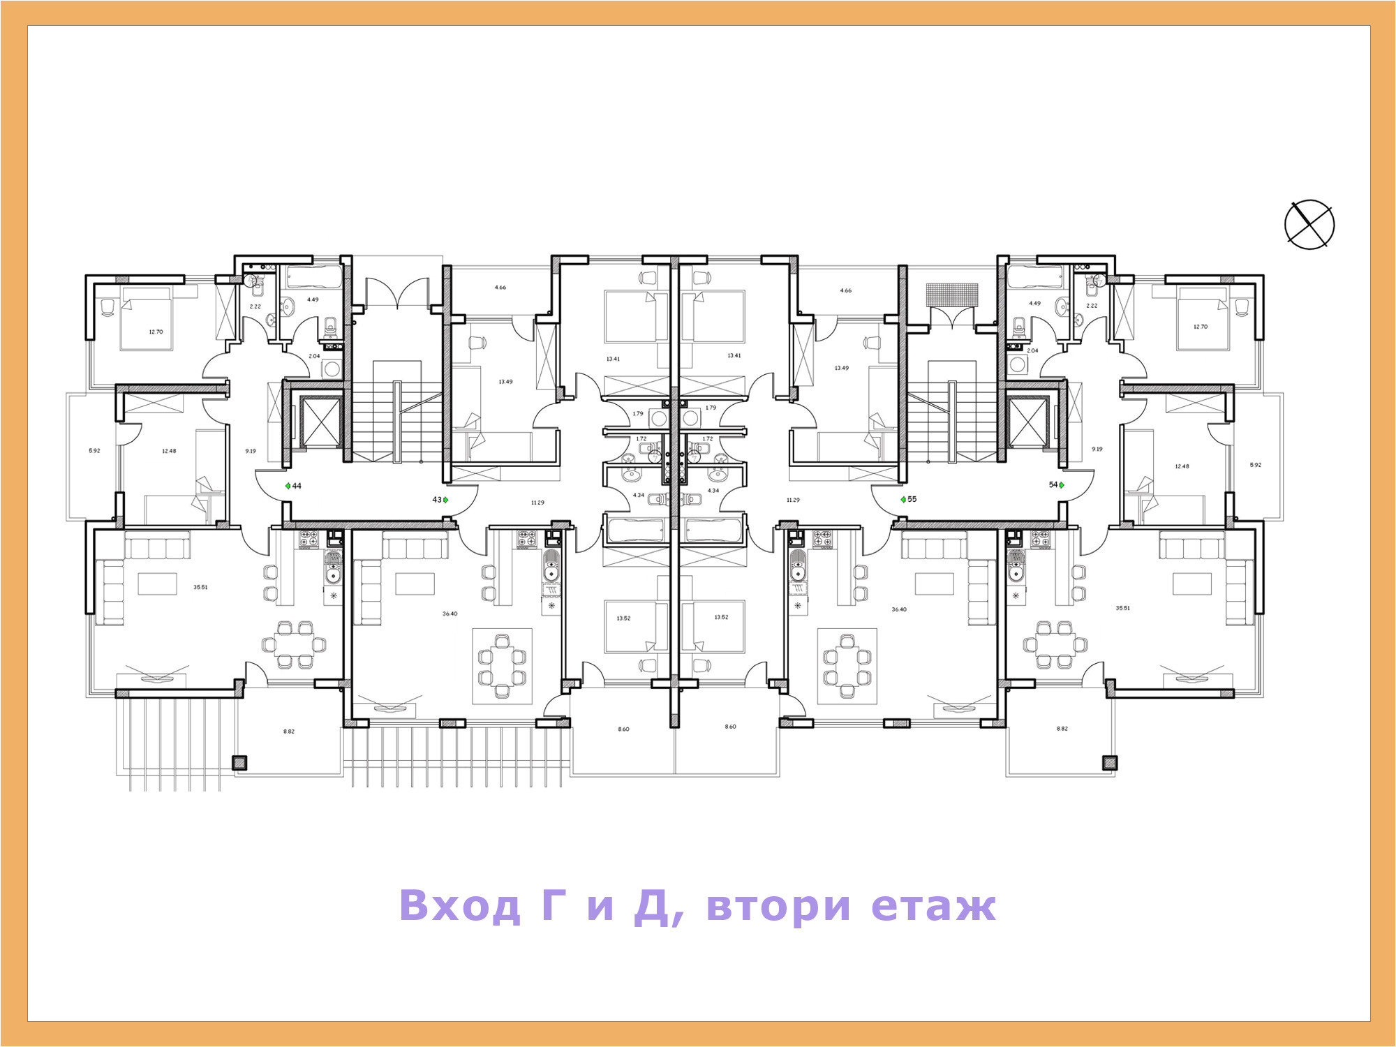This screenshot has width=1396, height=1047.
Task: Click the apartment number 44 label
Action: pos(297,486)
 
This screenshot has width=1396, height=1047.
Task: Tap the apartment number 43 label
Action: pos(437,500)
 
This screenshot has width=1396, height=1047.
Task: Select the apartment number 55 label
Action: pos(912,499)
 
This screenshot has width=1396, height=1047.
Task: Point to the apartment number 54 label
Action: pos(1053,484)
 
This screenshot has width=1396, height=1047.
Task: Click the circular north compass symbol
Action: pos(1309,224)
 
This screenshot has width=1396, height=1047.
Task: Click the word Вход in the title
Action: pos(460,905)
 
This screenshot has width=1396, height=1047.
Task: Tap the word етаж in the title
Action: pos(933,905)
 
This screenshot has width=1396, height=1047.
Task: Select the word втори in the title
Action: pos(778,905)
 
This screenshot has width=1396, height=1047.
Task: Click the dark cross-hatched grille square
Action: pos(952,295)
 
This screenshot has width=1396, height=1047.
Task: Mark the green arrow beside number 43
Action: pos(446,500)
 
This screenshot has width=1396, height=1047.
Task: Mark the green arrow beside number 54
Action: pos(1062,485)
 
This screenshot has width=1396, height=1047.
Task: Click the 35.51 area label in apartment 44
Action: pos(200,587)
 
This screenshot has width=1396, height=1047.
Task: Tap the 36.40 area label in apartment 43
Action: pos(450,614)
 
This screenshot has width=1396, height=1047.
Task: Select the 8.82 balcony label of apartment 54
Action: pos(1062,729)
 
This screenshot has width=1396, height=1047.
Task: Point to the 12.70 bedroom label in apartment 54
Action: pos(1200,327)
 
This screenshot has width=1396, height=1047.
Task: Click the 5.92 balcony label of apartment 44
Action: pos(94,450)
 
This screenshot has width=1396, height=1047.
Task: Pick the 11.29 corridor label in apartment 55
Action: pos(793,500)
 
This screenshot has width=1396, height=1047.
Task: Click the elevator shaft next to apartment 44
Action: pos(320,422)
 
